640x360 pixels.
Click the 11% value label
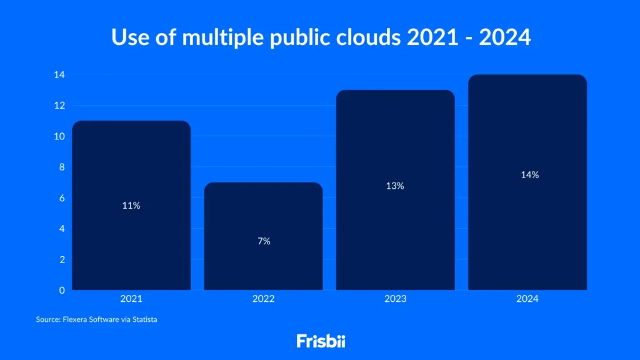click(131, 206)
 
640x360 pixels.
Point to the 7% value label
click(264, 241)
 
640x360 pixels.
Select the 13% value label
click(395, 186)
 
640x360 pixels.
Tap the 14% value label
click(529, 175)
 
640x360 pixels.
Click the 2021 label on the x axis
click(131, 299)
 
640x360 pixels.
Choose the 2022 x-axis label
click(263, 299)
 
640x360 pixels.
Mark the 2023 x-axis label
click(395, 299)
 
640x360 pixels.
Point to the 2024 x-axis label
click(527, 299)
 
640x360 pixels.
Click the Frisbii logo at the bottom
click(320, 341)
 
